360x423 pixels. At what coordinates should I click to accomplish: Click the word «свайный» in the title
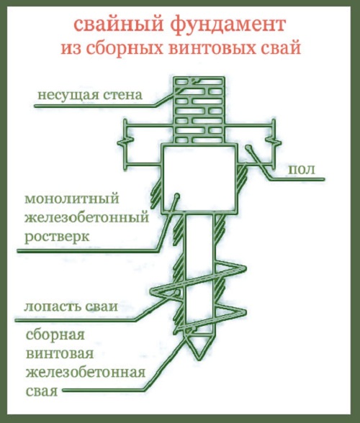(119, 24)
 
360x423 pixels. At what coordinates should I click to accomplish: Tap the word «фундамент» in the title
(228, 24)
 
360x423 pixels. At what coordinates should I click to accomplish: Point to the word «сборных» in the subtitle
(125, 48)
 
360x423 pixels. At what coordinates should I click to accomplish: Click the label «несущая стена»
(90, 95)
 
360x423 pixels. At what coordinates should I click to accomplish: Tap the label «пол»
(302, 170)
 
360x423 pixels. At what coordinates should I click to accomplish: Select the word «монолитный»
(72, 199)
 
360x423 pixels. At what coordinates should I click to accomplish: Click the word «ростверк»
(57, 237)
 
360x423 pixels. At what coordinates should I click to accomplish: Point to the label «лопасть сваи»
(71, 306)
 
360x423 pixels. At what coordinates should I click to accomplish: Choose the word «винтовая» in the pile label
(60, 353)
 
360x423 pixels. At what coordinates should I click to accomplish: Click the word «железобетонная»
(86, 373)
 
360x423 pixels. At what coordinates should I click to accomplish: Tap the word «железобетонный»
(86, 217)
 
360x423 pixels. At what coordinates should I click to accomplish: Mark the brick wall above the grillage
(199, 110)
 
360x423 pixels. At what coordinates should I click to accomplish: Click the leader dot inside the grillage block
(177, 195)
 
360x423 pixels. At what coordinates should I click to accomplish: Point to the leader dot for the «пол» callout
(248, 147)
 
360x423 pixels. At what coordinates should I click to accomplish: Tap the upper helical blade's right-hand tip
(245, 268)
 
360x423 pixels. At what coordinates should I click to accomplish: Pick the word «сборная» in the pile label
(55, 335)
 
